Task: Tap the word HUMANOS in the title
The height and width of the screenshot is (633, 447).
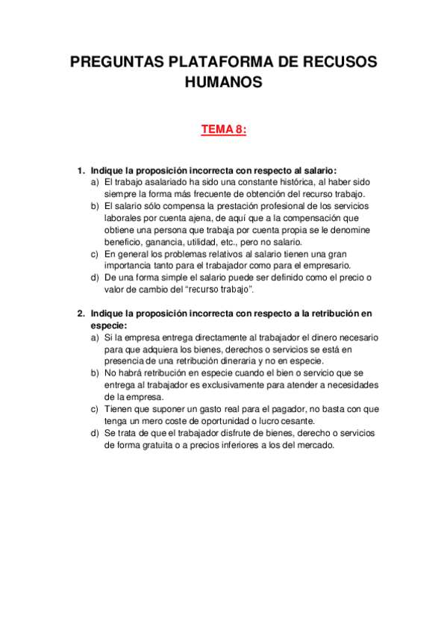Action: pos(223,83)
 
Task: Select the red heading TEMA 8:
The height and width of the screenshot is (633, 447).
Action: pos(223,130)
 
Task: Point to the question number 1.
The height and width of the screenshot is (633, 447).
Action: pos(81,171)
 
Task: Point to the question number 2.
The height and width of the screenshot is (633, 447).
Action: pos(81,314)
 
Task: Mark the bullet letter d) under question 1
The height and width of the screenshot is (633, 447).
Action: pos(95,278)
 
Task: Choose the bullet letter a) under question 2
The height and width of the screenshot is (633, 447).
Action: pos(95,338)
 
